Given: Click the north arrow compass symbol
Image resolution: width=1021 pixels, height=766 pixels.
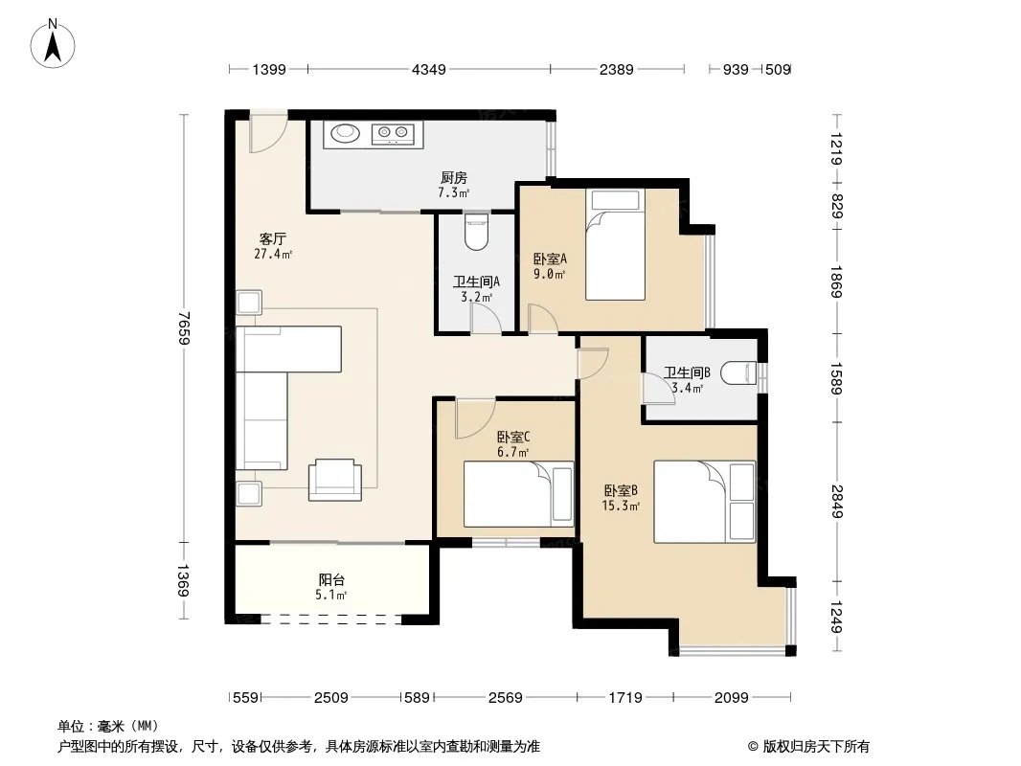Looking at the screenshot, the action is click(x=53, y=44).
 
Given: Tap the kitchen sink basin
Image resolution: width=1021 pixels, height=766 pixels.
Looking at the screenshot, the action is click(x=345, y=133).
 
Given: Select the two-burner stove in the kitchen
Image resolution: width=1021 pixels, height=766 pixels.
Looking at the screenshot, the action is click(x=393, y=134).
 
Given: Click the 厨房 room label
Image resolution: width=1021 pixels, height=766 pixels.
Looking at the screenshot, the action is click(x=454, y=178).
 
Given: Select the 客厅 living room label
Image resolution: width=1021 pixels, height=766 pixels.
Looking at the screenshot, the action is click(x=272, y=238).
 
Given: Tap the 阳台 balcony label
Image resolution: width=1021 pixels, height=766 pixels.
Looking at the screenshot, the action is click(x=331, y=579).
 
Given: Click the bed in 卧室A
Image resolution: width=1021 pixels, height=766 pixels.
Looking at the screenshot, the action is click(x=615, y=245).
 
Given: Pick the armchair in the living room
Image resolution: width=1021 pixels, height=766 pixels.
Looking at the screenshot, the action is click(x=334, y=480).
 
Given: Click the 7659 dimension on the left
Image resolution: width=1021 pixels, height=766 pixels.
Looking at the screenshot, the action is click(x=185, y=328).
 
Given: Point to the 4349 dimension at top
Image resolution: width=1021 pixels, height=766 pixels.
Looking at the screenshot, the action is click(x=429, y=69).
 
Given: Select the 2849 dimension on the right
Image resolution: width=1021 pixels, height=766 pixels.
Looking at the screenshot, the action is click(x=837, y=502).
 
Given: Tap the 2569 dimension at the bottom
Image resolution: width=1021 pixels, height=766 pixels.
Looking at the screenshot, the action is click(x=506, y=698).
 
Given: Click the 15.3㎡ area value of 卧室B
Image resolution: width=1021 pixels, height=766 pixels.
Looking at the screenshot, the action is click(x=621, y=506).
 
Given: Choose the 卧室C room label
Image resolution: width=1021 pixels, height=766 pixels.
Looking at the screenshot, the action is click(x=513, y=437).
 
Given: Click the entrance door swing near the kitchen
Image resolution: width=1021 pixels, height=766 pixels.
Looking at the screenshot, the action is click(x=267, y=135).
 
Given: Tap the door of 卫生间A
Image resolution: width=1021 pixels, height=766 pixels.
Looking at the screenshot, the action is click(x=486, y=318).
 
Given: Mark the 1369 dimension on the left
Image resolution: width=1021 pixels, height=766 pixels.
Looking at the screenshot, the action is click(x=185, y=581).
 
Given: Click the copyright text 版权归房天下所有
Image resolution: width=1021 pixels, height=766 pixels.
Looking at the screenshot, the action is click(x=816, y=747).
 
